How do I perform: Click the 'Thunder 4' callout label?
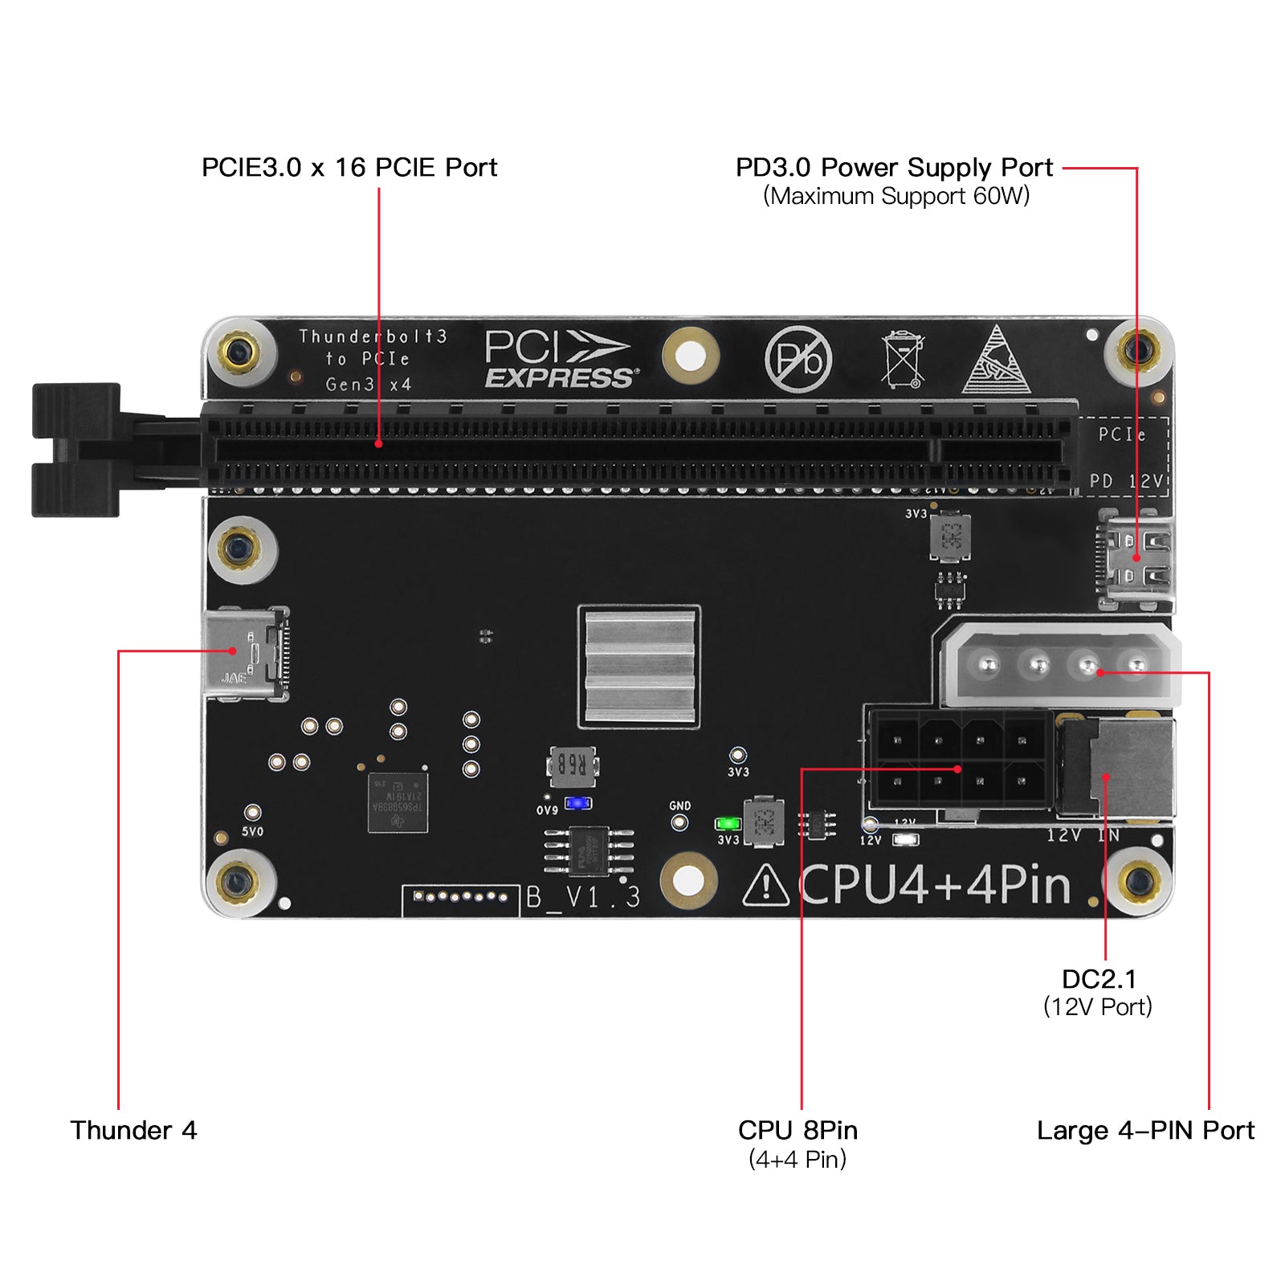coord(133,1131)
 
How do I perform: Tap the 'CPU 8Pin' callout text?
coord(798,1131)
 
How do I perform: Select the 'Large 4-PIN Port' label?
coord(1145,1131)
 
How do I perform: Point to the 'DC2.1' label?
coord(1099,980)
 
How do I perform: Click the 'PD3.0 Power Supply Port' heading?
coord(894,168)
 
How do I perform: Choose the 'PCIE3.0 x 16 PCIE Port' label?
coord(349,168)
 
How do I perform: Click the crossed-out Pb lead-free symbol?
coord(798,359)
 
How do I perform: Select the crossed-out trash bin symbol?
coord(903,359)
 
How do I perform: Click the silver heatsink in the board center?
coord(639,666)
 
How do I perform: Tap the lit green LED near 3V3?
coord(728,824)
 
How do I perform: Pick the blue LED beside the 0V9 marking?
coord(578,803)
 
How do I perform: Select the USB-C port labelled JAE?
coord(243,653)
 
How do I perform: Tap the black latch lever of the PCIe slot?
coord(77,450)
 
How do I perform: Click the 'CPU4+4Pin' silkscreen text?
coord(936,885)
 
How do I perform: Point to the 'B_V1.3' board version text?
coord(583,897)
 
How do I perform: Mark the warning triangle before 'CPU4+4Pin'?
coord(765,887)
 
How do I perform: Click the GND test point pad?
coord(679,822)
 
